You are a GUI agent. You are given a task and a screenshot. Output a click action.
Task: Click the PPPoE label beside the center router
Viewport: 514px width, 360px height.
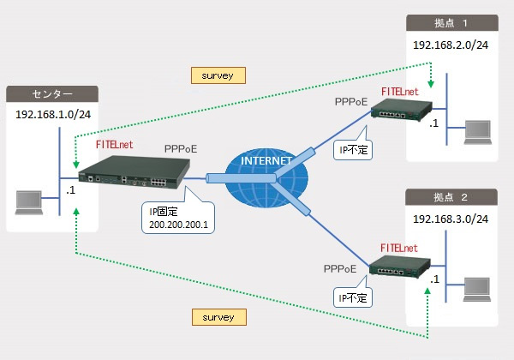[181, 149]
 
